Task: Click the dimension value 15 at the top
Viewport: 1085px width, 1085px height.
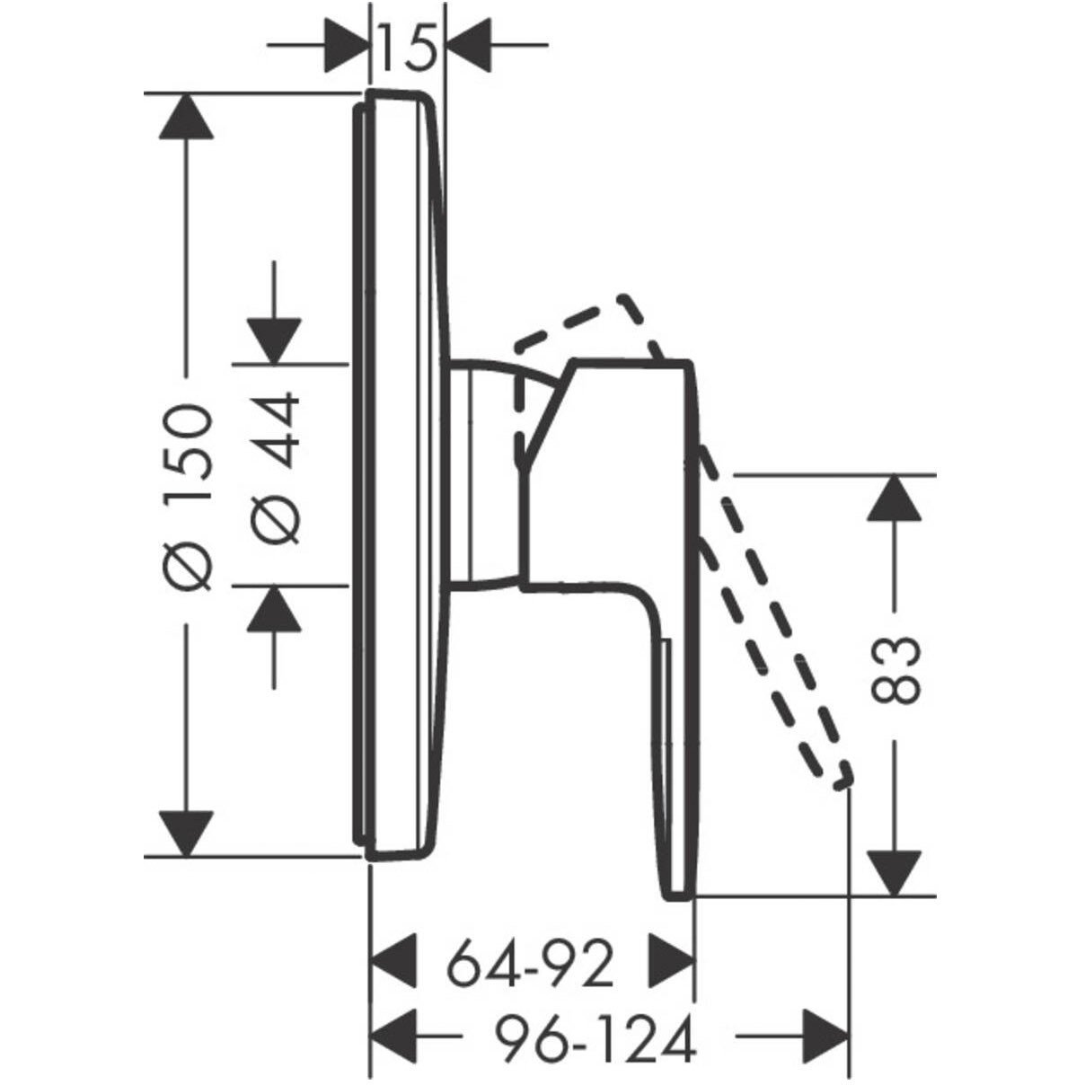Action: [408, 47]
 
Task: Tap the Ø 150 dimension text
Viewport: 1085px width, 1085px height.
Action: [188, 498]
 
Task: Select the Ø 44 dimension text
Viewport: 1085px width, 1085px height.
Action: [275, 470]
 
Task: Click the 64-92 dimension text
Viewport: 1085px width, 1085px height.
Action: [530, 964]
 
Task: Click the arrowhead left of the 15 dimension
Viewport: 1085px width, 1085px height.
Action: [347, 45]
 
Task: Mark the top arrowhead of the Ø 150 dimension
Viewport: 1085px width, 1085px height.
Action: [186, 117]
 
